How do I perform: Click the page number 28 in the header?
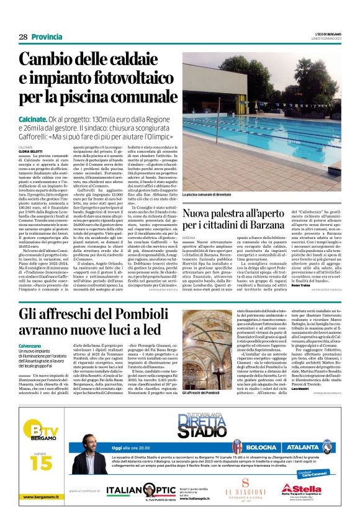23,37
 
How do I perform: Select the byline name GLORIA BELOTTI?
31,150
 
